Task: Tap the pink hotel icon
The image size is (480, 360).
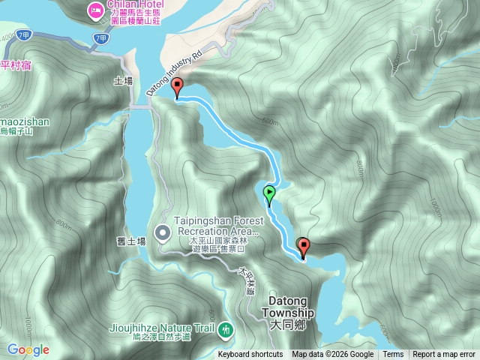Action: [95, 10]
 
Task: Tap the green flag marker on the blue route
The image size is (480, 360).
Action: [269, 195]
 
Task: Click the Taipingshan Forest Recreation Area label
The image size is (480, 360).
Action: [218, 226]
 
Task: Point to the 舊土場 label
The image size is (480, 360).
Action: [131, 242]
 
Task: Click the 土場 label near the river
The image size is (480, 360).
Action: [123, 79]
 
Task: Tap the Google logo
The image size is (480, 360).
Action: [28, 349]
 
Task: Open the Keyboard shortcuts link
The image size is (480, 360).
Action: [250, 355]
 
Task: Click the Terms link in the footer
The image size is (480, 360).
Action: [393, 355]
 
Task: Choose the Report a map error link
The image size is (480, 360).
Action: [444, 355]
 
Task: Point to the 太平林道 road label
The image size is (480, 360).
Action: [246, 282]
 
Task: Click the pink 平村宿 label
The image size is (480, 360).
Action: [16, 64]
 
